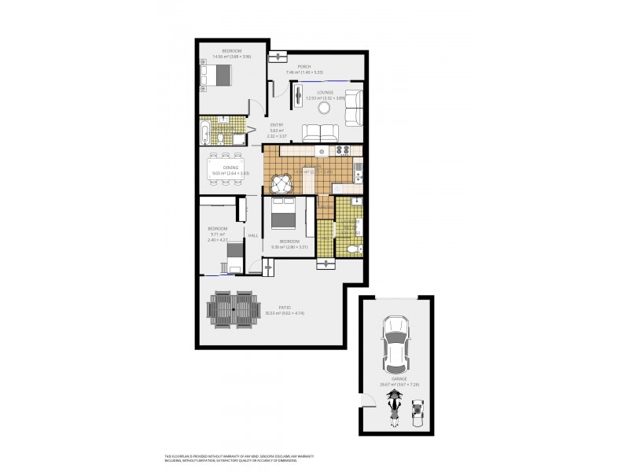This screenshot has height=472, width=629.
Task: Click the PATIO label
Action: (284, 307)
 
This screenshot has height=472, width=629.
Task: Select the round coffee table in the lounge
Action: (332, 109)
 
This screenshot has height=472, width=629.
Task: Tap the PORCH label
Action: (303, 67)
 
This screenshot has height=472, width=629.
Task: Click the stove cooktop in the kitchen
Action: (343, 150)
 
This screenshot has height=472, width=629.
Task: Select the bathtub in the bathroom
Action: (205, 134)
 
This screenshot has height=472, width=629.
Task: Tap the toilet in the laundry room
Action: (353, 249)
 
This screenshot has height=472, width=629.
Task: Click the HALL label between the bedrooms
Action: (253, 235)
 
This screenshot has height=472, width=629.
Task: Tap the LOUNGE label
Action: (326, 92)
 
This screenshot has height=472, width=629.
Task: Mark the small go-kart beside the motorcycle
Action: (417, 413)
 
